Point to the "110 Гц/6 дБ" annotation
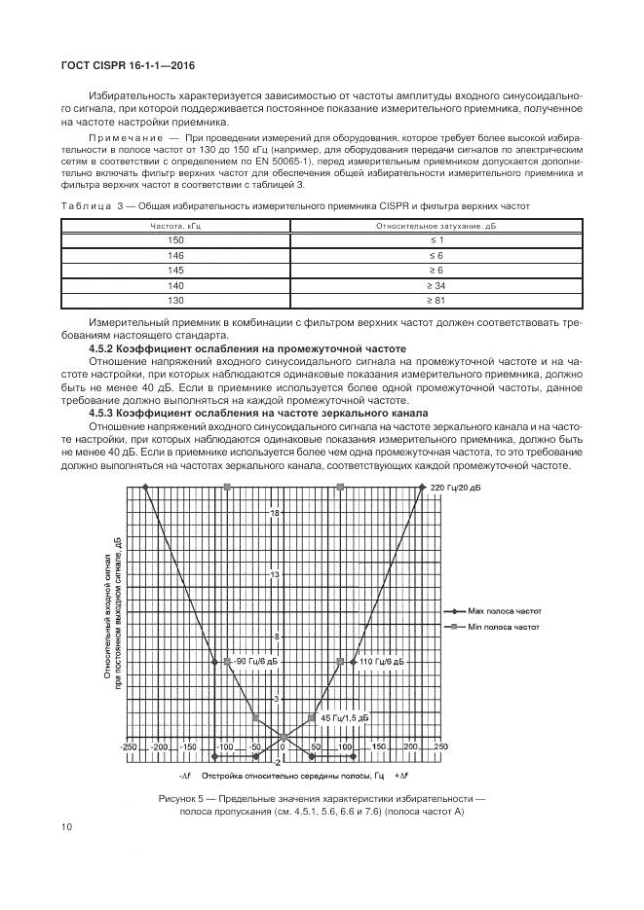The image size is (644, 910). click(x=381, y=662)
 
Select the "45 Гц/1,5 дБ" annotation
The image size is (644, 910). click(x=345, y=717)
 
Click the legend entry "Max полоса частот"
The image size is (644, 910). click(x=503, y=611)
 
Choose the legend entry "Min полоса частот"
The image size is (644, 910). click(x=503, y=629)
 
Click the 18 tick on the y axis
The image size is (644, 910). click(x=276, y=513)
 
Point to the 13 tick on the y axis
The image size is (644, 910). click(x=276, y=575)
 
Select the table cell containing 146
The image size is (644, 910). click(x=175, y=255)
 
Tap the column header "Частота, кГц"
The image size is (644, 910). click(x=175, y=225)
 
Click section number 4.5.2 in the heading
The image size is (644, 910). click(x=104, y=347)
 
